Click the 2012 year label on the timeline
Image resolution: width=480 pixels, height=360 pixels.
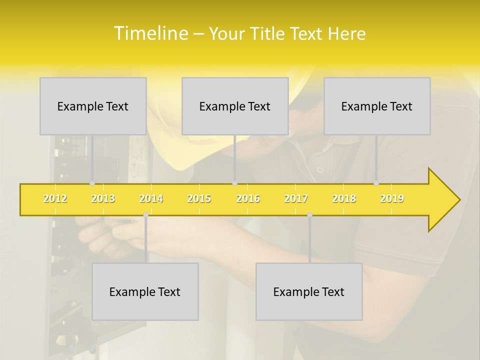coord(55,198)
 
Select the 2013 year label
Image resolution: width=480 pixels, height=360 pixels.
coord(103,198)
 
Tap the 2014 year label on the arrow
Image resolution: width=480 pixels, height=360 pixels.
coord(151,198)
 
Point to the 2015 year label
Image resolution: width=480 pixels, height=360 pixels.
coord(199,198)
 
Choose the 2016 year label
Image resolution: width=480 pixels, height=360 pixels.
coord(248,198)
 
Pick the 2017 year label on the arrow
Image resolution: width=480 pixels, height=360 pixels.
coord(296,198)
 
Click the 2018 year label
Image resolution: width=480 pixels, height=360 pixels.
coord(344,198)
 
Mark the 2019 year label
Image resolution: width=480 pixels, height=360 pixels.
coord(392,198)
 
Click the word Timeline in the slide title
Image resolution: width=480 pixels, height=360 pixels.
coord(150,33)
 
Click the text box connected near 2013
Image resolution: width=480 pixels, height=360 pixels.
coord(93,106)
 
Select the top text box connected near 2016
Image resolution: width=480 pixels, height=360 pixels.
coord(235,106)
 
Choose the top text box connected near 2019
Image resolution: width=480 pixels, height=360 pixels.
coord(377,106)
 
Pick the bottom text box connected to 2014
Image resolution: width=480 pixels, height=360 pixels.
coord(145,291)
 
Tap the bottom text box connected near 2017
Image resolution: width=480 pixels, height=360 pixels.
coord(309,291)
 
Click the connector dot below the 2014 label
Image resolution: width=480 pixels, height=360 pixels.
coord(145,215)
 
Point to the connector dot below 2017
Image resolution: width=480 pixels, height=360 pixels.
coord(309,215)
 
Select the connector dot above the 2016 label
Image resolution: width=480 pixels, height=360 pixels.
coord(234,183)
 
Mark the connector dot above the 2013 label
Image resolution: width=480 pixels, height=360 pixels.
coord(92,183)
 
